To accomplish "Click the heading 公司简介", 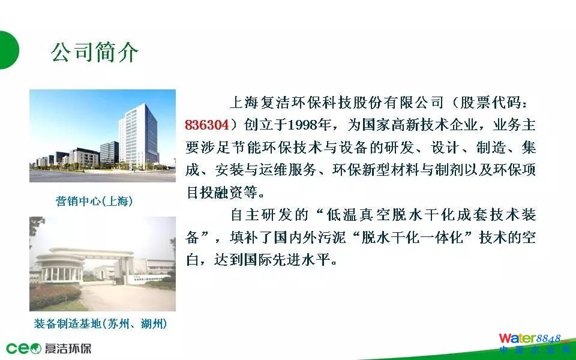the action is pyautogui.click(x=95, y=52).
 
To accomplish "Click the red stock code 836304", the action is pyautogui.click(x=207, y=125).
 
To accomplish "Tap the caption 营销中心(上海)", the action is pyautogui.click(x=94, y=201).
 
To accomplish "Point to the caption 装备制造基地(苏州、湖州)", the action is pyautogui.click(x=100, y=323).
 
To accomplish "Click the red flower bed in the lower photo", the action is pyautogui.click(x=55, y=296).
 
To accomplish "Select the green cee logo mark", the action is pyautogui.click(x=23, y=348).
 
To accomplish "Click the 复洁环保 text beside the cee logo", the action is pyautogui.click(x=68, y=348).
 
